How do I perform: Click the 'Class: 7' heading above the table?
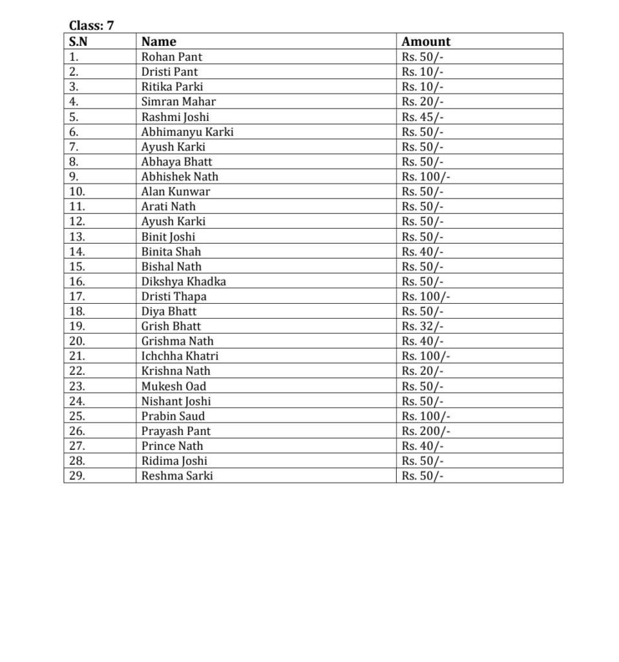coord(91,26)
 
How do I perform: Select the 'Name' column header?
coord(158,41)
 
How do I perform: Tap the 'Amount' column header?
coord(426,41)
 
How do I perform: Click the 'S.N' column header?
coord(78,41)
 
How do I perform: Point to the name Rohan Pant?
coord(172,57)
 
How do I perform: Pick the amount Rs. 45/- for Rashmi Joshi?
coord(423,117)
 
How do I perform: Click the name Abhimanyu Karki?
coord(187,132)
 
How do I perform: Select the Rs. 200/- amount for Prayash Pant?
coord(426,431)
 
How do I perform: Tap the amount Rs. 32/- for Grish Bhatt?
coord(423,326)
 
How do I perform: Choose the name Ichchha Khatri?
coord(180,356)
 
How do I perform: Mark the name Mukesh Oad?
coord(174,387)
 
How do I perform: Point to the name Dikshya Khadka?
coord(184,281)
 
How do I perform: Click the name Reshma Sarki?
coord(177,476)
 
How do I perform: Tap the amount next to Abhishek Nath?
coord(426,176)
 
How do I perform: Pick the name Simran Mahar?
coord(178,101)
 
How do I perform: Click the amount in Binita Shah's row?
coord(423,251)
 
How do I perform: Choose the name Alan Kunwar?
coord(176,191)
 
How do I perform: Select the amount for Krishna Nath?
coord(423,371)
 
